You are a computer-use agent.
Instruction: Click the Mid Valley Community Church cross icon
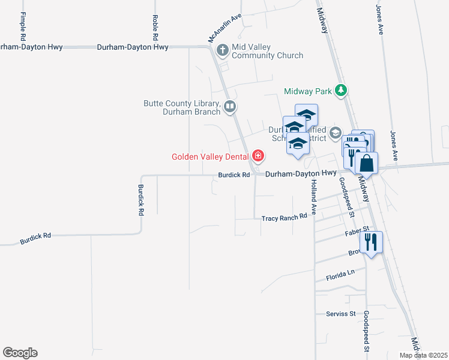pos(223,50)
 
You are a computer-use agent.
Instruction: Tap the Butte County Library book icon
pos(229,107)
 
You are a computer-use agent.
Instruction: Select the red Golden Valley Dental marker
pos(258,157)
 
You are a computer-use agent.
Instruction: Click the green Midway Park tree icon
pos(342,91)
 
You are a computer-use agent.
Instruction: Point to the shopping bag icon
pos(366,163)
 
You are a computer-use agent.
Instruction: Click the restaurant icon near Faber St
pos(371,242)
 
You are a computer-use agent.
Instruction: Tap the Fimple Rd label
pos(23,25)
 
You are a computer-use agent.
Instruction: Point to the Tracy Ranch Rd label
pos(284,218)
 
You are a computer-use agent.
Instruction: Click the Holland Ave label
pos(313,199)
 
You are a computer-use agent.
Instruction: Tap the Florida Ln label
pos(341,275)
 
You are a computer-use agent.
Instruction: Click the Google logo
pos(20,353)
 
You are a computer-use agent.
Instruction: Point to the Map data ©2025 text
pos(423,355)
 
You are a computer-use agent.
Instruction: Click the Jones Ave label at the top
pos(379,20)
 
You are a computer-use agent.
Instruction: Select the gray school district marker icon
pos(336,133)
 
